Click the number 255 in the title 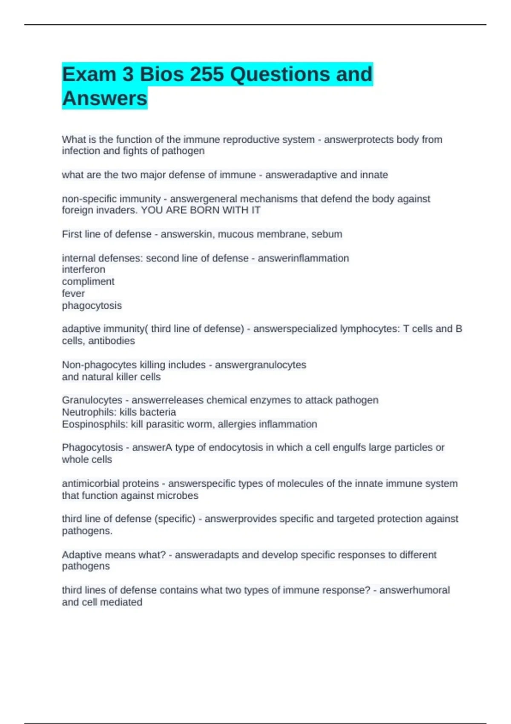coord(207,75)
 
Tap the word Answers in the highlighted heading coord(105,98)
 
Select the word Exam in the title coord(89,75)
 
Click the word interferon coord(83,270)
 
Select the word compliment coord(88,282)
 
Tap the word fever coord(73,293)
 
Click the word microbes coord(177,496)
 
